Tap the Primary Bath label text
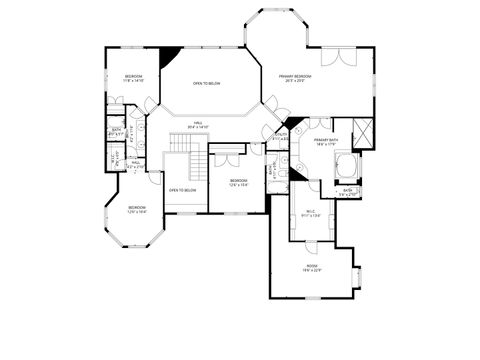pos(322,142)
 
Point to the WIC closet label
pos(311,211)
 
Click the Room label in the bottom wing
pos(314,268)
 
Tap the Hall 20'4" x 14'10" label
pos(198,125)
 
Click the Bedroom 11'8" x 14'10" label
pos(133,80)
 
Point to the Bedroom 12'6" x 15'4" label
pos(238,182)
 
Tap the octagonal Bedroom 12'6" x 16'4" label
pos(136,210)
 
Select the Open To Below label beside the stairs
pos(182,190)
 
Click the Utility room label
pos(282,137)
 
